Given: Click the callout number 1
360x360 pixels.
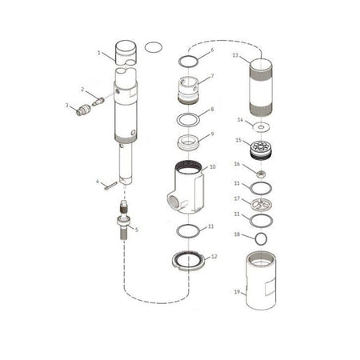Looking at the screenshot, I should [99, 54].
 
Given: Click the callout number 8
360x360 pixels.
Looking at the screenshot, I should [212, 109].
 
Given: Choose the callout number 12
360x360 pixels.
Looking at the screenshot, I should [213, 258].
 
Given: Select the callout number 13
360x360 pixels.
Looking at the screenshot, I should [234, 56].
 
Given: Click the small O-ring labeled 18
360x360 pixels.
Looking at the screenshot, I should [259, 238].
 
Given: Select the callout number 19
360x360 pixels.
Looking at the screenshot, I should [235, 292].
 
